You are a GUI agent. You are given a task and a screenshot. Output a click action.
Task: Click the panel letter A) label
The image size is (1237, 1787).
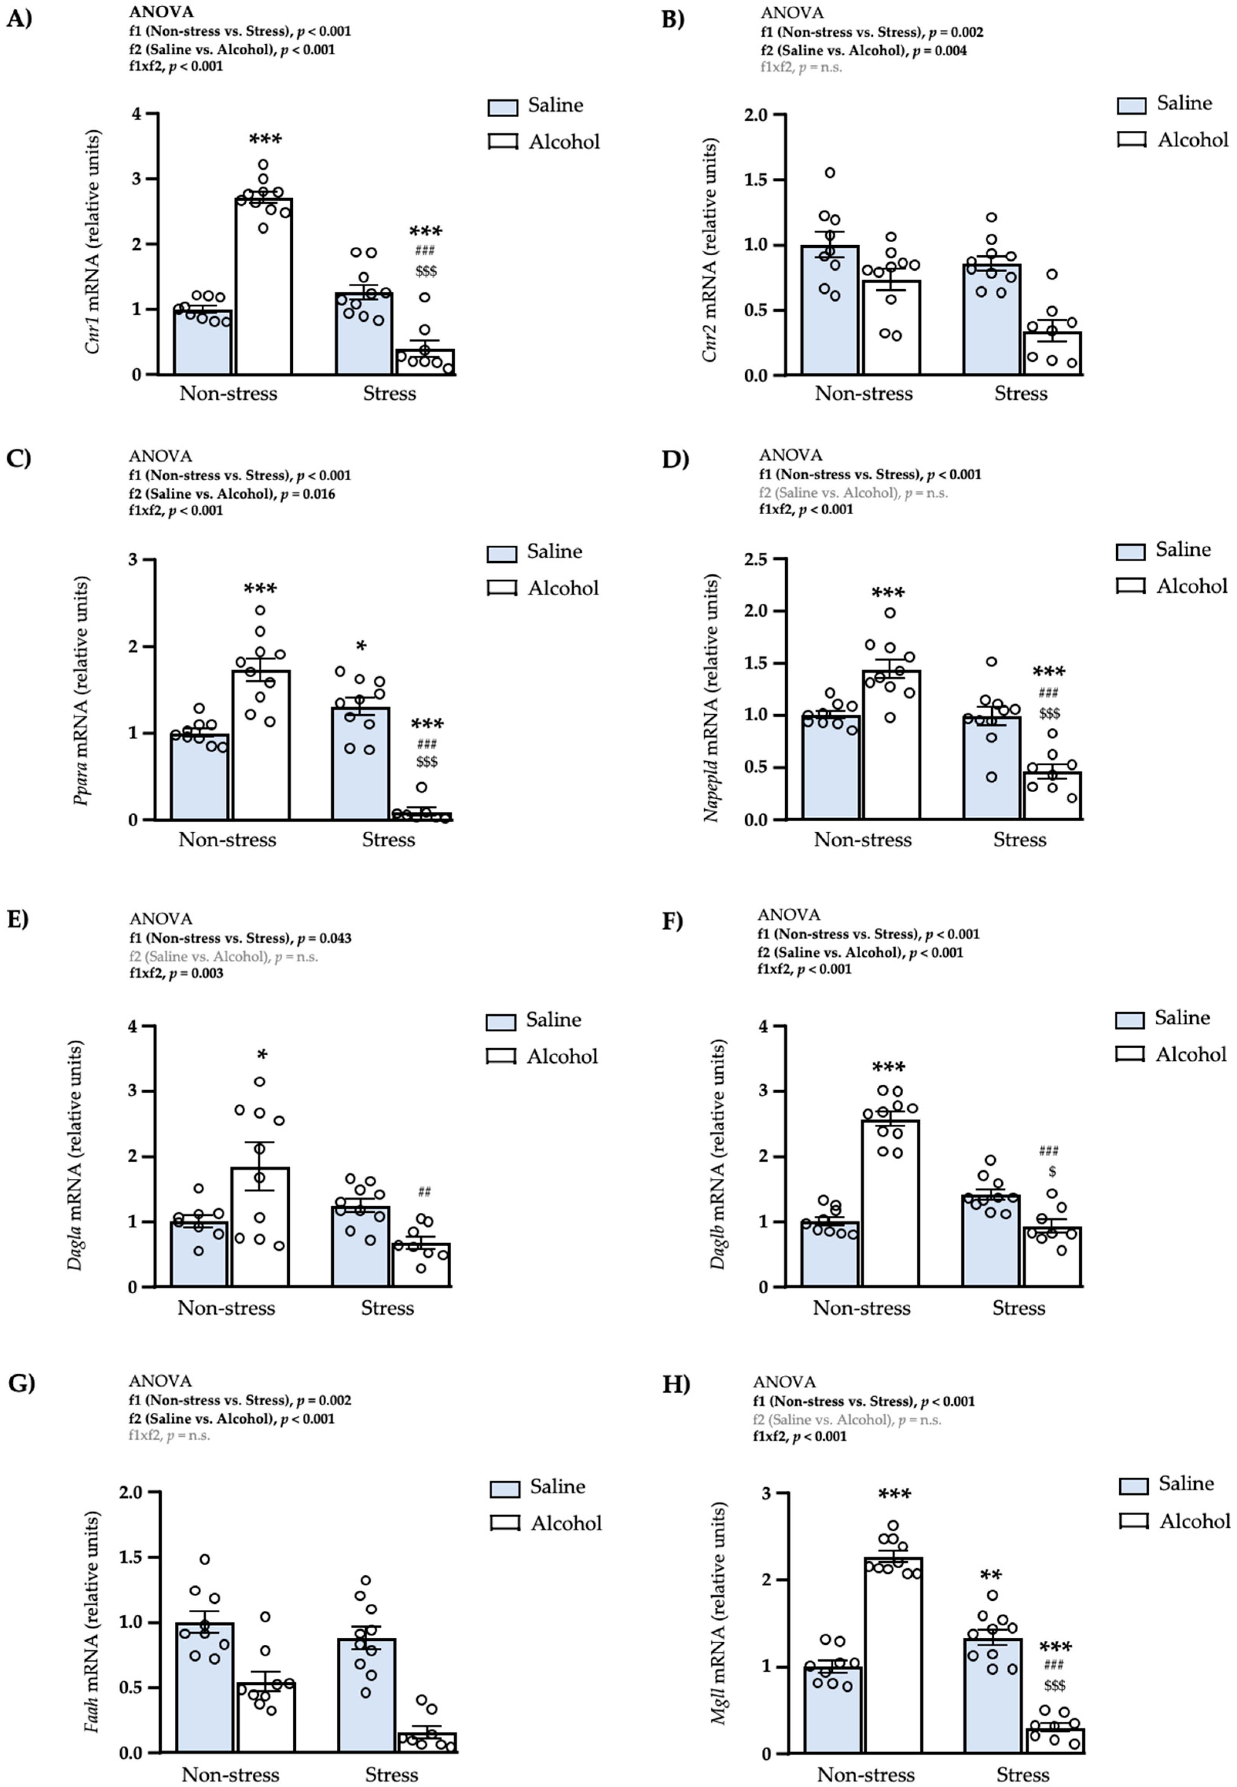coord(19,19)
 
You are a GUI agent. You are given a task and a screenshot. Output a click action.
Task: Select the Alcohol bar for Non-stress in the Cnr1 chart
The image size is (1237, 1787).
coord(263,287)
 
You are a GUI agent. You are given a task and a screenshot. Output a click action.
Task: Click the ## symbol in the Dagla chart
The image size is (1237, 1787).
coord(424,1192)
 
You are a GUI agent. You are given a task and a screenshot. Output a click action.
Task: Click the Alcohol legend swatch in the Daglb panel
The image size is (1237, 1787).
coord(1130,1055)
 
